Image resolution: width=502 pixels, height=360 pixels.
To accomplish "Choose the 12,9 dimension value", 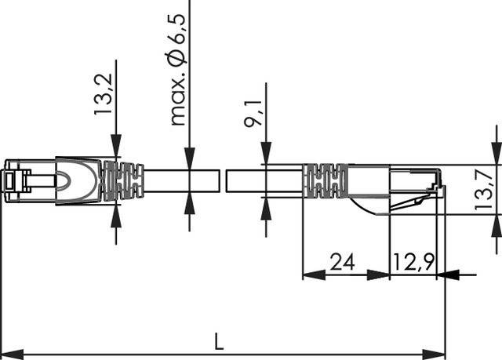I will pyautogui.click(x=413, y=262).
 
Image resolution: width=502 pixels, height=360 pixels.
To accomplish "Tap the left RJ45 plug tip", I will pyautogui.click(x=11, y=180).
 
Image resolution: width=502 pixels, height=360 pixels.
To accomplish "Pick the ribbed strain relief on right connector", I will pyautogui.click(x=325, y=181).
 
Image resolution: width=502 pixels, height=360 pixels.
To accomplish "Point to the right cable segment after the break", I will pyautogui.click(x=264, y=180).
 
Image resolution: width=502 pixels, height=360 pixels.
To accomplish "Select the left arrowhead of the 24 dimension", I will pyautogui.click(x=310, y=275).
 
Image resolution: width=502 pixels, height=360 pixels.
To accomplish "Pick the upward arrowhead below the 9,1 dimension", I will pyautogui.click(x=264, y=205).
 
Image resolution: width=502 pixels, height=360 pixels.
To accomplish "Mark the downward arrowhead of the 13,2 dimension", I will pyautogui.click(x=116, y=148).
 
